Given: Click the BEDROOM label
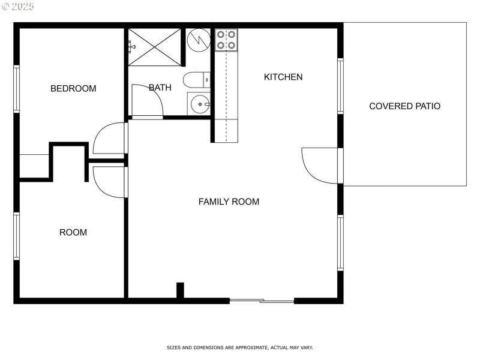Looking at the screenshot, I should (73, 89).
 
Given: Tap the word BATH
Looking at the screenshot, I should (160, 88).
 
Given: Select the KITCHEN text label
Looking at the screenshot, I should (283, 77).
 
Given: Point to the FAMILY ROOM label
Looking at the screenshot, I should (229, 202).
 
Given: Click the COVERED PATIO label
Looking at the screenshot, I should (404, 106).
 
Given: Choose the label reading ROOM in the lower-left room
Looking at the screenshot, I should (73, 232).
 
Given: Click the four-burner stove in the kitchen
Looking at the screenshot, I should (226, 40).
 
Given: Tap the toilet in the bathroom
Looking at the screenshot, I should (196, 80).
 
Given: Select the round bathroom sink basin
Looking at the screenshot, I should (198, 104).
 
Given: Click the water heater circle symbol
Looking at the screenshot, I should (197, 40).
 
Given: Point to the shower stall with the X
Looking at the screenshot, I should (155, 46).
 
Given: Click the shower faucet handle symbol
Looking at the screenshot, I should (131, 46).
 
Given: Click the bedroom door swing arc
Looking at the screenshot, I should (109, 139).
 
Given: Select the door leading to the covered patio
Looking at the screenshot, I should (320, 166).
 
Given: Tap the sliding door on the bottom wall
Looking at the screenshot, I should (262, 300).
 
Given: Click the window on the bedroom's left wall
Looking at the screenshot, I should (17, 89).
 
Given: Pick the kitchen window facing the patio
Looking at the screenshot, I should (340, 86).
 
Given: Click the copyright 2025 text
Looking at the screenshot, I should (18, 6).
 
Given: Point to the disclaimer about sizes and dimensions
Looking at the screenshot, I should (239, 347).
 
